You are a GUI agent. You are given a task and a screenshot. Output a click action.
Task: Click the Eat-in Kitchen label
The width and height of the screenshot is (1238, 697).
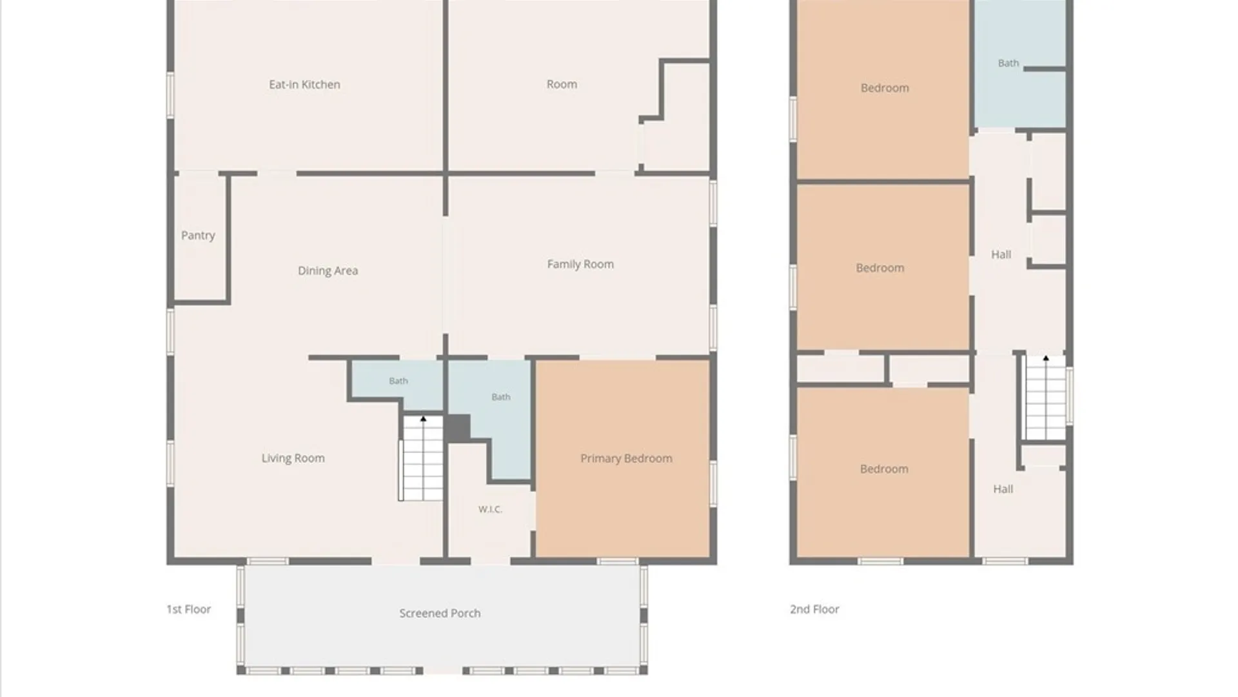coord(304,85)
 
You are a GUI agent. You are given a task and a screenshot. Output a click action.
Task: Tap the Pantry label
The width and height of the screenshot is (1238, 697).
coord(198,236)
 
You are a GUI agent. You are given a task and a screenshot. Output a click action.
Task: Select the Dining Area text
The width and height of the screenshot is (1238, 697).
coord(328,271)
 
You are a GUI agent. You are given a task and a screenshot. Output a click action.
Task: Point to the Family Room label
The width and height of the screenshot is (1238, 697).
coord(580,264)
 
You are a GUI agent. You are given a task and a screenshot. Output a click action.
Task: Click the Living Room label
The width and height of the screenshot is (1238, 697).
coord(293,458)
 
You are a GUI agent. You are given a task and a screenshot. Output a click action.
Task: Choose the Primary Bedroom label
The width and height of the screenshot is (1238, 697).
coord(626,458)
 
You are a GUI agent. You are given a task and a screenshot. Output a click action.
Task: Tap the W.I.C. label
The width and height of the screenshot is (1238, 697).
coord(490,509)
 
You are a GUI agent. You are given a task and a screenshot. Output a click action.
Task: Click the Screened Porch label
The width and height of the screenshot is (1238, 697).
coord(440,613)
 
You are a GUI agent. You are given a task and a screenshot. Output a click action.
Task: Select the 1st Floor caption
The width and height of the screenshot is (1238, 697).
coord(188,609)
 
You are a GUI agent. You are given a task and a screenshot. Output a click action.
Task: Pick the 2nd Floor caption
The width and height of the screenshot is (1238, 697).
coord(814,609)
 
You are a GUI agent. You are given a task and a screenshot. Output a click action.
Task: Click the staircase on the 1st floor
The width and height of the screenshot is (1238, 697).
coord(422,458)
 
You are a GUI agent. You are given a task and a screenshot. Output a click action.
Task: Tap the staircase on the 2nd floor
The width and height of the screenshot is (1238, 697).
coord(1046,398)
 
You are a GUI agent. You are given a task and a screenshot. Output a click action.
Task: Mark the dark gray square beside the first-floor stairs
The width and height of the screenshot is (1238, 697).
coord(458,429)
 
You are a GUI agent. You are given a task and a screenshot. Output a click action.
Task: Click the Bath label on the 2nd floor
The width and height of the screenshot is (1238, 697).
coord(1008,63)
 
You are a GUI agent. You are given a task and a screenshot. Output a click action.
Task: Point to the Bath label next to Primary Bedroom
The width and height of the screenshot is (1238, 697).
coord(501,397)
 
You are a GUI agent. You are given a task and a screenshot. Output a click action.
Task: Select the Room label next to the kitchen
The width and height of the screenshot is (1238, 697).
coord(562,85)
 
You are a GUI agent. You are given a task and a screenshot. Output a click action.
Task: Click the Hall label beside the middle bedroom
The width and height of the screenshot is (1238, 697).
coord(1001,255)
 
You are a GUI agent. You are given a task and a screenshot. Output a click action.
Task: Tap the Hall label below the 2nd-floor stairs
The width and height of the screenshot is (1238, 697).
coord(1003,489)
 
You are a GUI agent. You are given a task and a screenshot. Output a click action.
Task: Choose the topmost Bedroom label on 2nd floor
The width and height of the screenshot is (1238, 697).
coord(885,88)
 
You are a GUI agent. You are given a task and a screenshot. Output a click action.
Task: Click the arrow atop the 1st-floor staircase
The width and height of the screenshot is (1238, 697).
coord(423,419)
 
